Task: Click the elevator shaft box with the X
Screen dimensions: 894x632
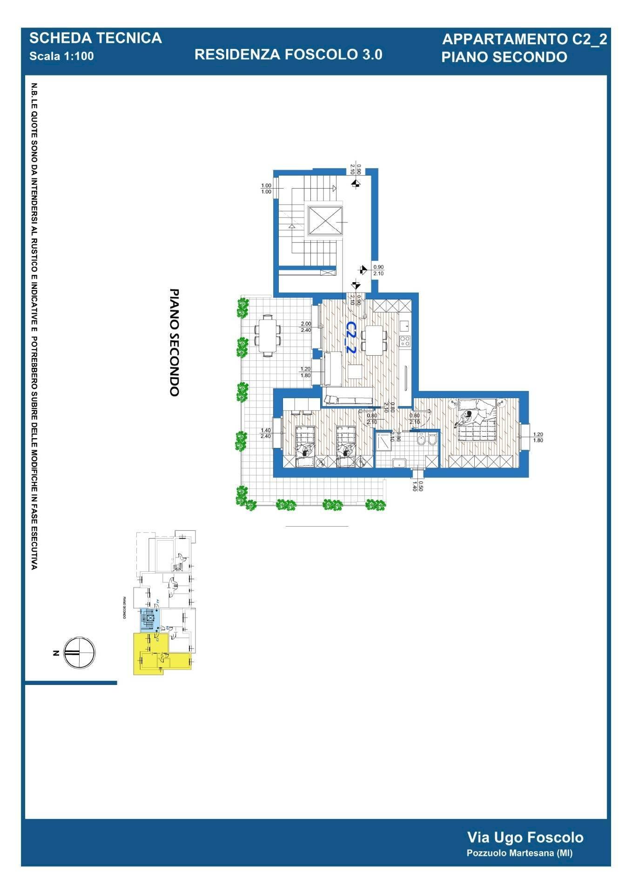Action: pyautogui.click(x=325, y=220)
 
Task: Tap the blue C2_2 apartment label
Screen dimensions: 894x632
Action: pyautogui.click(x=350, y=337)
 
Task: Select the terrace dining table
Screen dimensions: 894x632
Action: pyautogui.click(x=268, y=335)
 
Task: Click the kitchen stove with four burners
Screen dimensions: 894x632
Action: pyautogui.click(x=404, y=341)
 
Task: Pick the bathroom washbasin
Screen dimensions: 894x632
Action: pyautogui.click(x=399, y=462)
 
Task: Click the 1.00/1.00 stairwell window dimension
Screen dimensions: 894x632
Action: pyautogui.click(x=266, y=189)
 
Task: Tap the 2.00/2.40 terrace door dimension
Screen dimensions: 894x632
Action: pyautogui.click(x=306, y=327)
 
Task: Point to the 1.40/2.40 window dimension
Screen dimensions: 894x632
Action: pyautogui.click(x=266, y=433)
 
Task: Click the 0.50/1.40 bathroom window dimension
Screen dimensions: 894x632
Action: pyautogui.click(x=417, y=486)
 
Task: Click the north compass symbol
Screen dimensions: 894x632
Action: pyautogui.click(x=79, y=652)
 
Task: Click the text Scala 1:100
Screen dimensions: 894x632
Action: pyautogui.click(x=61, y=56)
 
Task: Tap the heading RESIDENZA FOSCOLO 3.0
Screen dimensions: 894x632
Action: pyautogui.click(x=288, y=54)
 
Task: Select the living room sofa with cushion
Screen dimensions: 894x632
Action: pyautogui.click(x=348, y=399)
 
